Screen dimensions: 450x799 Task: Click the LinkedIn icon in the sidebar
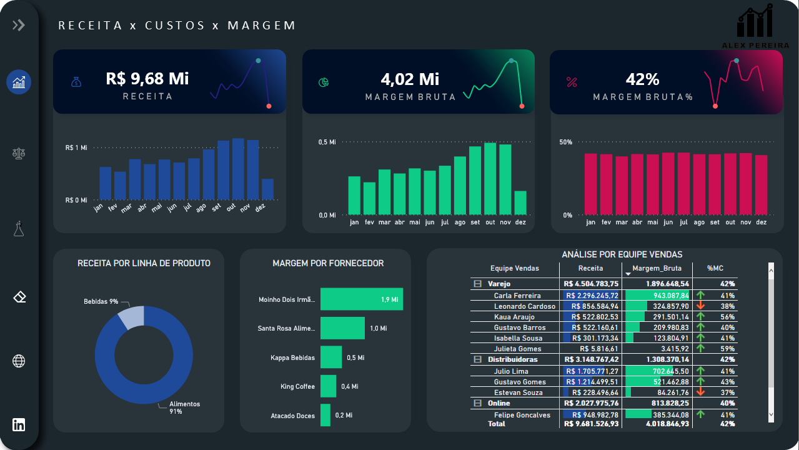(19, 424)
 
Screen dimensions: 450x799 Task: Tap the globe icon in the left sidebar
(19, 361)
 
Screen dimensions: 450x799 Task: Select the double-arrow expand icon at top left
(19, 25)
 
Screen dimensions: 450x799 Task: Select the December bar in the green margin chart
(520, 202)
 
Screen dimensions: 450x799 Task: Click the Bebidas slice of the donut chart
(132, 317)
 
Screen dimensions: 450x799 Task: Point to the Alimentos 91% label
(184, 407)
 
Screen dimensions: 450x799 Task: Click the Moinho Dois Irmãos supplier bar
(361, 299)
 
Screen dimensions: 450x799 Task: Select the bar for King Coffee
(328, 386)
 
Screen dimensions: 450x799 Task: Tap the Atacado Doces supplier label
(292, 416)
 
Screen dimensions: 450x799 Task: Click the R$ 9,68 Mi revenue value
(147, 79)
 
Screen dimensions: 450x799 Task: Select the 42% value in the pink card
(642, 79)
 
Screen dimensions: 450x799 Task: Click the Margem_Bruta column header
(657, 268)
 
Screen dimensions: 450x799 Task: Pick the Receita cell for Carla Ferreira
(591, 296)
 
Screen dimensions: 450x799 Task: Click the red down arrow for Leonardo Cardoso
(700, 306)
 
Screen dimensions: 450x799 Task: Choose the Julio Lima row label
(511, 371)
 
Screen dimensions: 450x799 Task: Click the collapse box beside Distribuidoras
(478, 359)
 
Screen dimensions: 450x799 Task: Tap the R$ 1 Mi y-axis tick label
(76, 148)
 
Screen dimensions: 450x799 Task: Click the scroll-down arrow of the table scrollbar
(770, 414)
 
